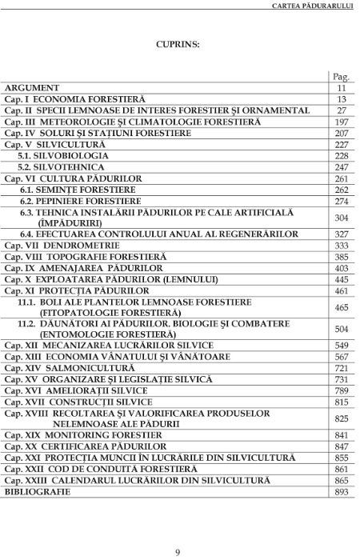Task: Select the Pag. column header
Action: click(x=342, y=76)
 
